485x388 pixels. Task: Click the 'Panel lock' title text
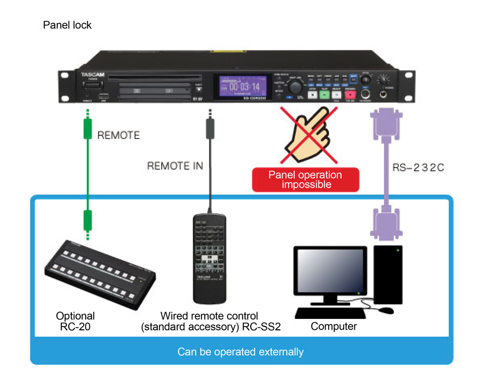point(67,25)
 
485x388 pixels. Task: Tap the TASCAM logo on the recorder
point(93,75)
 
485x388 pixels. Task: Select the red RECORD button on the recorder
point(350,95)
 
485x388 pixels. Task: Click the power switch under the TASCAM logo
point(93,85)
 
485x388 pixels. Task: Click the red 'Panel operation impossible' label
point(305,180)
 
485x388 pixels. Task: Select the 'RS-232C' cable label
point(418,167)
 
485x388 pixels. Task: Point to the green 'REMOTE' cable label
point(118,135)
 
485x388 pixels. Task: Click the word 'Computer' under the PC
point(334,326)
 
